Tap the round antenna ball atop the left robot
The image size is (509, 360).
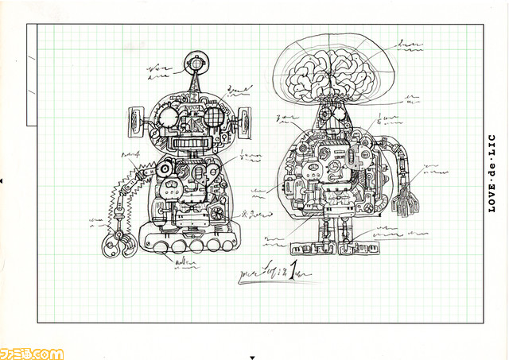tap(196, 60)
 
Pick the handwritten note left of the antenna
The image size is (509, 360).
tap(160, 73)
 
